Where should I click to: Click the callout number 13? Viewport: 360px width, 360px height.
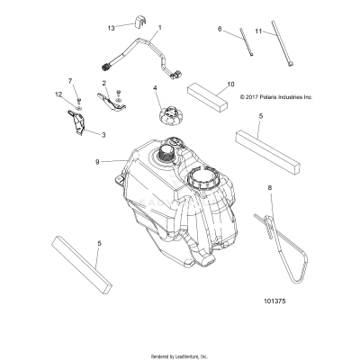(x=112, y=29)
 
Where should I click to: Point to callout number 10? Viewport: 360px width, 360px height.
(x=230, y=82)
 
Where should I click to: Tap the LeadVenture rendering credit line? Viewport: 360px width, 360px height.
(x=180, y=353)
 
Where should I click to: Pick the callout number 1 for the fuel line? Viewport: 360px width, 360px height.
(x=159, y=29)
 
